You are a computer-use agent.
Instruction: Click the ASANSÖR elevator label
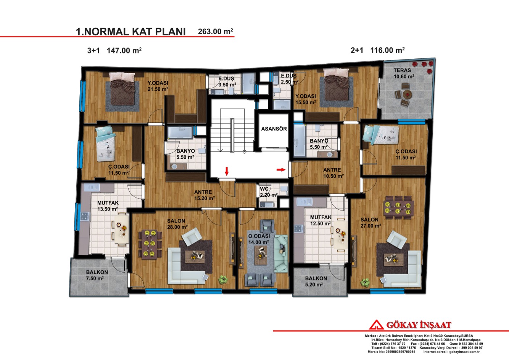tap(274, 129)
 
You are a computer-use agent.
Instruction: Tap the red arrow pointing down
tap(227, 171)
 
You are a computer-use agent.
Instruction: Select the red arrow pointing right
tap(281, 169)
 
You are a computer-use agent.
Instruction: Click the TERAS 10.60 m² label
tap(403, 73)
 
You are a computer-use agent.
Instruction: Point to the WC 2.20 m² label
tap(268, 192)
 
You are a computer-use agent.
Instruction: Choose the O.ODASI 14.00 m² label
tap(259, 239)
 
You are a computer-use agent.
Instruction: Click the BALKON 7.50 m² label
tap(97, 275)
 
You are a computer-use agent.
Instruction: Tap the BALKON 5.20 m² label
tap(316, 281)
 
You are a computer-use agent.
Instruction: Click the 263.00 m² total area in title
tap(216, 32)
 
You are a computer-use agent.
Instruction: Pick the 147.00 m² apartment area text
tap(124, 50)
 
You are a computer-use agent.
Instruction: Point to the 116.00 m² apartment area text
tap(387, 50)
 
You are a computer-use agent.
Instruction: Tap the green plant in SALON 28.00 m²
tap(223, 280)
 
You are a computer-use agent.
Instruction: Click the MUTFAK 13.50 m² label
tap(108, 206)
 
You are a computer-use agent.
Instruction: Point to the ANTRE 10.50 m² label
tap(333, 173)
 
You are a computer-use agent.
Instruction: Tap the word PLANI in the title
tap(171, 32)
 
